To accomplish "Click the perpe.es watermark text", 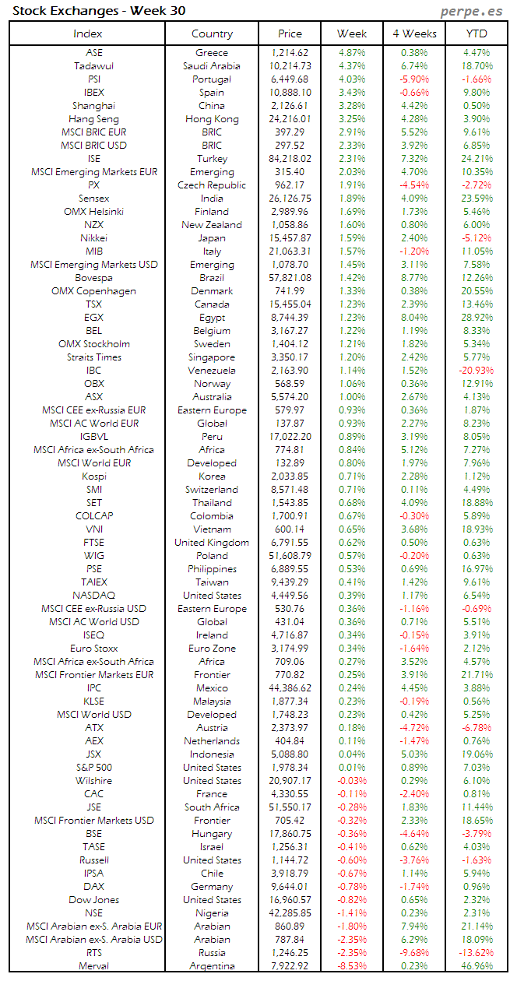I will point(471,11).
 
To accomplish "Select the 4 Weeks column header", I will point(414,33).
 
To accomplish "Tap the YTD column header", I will point(477,33).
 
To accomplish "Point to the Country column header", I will point(212,33).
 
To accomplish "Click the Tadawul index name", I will point(93,66).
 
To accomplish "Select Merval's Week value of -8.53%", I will point(352,966).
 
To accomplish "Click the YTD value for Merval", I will point(477,966).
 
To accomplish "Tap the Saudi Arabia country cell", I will point(212,66).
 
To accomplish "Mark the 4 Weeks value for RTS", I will point(414,953).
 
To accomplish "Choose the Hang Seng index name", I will point(93,119).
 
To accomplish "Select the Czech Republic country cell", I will point(212,185).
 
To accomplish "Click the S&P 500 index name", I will point(93,768).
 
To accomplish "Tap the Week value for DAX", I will point(351,887).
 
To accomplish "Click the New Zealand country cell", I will point(212,225).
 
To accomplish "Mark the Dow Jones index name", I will point(93,900).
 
